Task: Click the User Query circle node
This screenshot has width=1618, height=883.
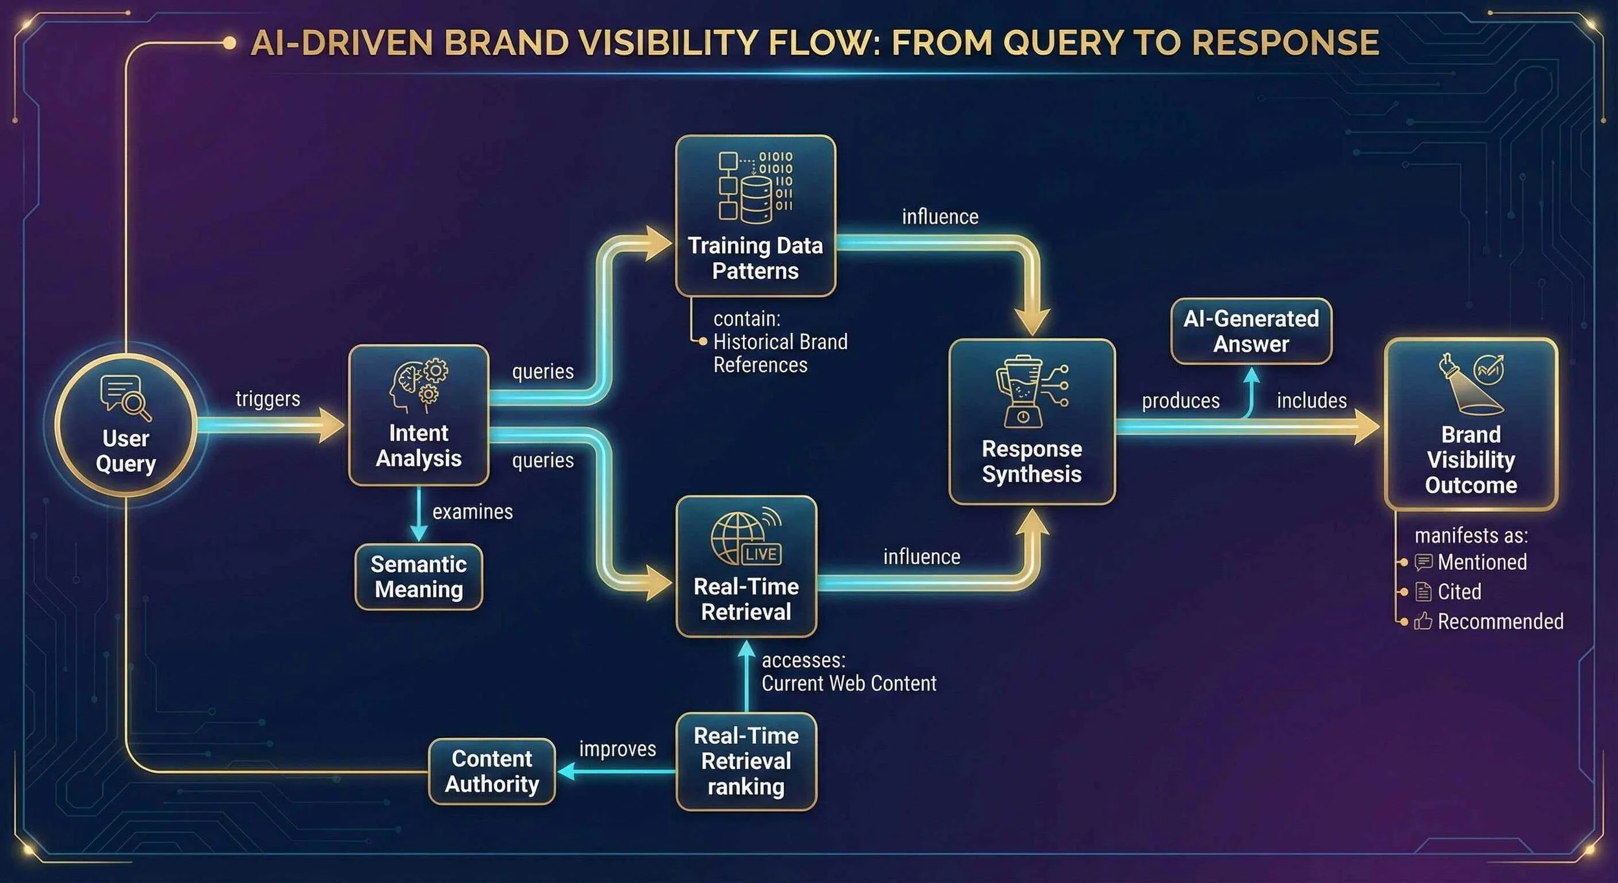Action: point(126,425)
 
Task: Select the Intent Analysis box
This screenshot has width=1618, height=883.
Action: point(419,415)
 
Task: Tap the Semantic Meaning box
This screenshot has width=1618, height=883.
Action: point(419,577)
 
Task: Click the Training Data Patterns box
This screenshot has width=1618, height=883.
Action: point(755,216)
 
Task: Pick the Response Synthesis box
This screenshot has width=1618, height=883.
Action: point(1032,421)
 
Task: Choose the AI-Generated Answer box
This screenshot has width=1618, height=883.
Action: point(1251,331)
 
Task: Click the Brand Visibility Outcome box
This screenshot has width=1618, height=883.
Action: point(1470,424)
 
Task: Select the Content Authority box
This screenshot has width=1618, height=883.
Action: point(492,771)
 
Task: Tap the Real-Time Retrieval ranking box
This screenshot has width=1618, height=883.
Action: point(746,761)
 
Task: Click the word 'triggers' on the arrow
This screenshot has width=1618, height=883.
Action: point(268,399)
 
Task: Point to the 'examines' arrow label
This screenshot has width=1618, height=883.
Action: point(472,512)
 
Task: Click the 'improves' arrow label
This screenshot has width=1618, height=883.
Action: point(617,749)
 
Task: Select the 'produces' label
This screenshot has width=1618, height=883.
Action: point(1180,401)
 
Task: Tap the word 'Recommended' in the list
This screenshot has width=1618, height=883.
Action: point(1500,621)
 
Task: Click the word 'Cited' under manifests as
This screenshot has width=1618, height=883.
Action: point(1459,592)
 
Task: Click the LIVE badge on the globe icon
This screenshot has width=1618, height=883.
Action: point(760,554)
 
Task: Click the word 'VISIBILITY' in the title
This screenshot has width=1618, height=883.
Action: point(667,43)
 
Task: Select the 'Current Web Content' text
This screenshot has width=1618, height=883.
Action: point(848,684)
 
